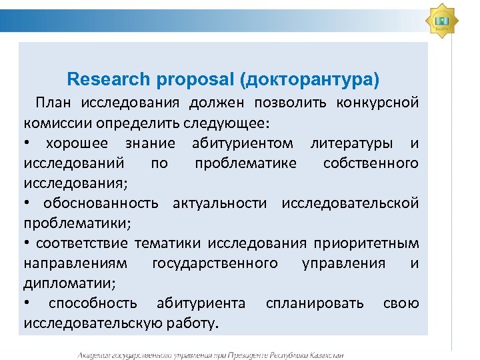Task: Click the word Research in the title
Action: (x=109, y=80)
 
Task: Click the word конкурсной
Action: (x=377, y=103)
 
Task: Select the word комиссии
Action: (x=56, y=123)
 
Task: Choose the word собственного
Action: (x=371, y=163)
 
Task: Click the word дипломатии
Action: (x=67, y=283)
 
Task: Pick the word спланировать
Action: (x=315, y=303)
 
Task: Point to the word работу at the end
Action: (x=193, y=324)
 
